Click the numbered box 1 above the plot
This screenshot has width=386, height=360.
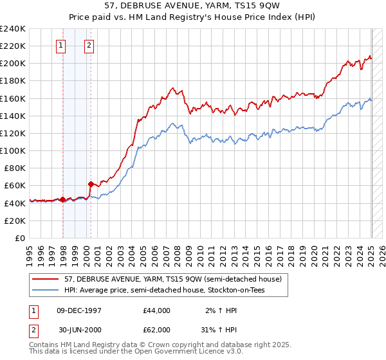[x=60, y=45]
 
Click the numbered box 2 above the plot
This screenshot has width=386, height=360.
[x=88, y=45]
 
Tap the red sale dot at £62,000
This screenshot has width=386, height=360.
[x=91, y=184]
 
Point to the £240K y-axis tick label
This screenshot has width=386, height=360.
[x=13, y=29]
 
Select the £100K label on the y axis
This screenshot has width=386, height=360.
[x=13, y=150]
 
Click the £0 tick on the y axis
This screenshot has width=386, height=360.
[x=20, y=238]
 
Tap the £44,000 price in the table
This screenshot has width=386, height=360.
[x=156, y=310]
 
